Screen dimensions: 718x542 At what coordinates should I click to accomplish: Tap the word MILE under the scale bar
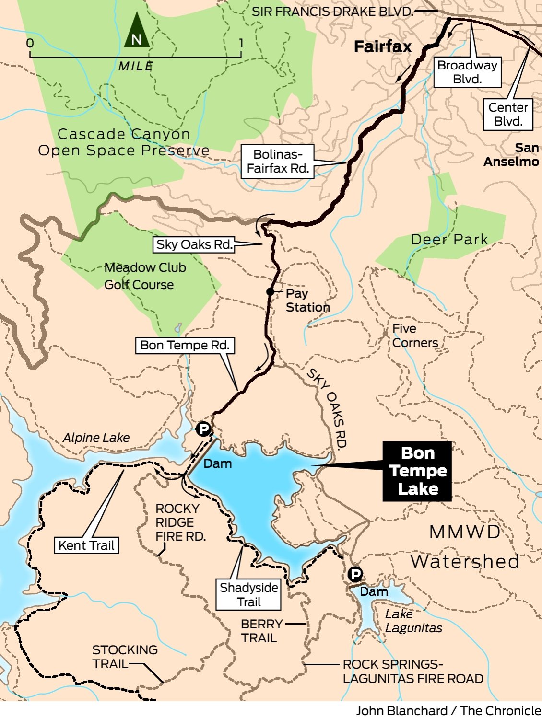coord(136,67)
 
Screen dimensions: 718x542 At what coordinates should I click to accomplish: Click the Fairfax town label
coord(383,47)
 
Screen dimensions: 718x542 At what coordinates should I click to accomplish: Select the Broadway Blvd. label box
coord(467,72)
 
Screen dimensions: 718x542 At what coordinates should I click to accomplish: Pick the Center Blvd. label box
coord(508,115)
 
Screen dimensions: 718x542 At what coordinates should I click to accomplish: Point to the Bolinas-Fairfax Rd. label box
coord(278,162)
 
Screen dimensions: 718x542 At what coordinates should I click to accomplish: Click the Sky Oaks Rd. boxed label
coord(194,244)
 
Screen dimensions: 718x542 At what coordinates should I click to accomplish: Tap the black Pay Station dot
coord(271,291)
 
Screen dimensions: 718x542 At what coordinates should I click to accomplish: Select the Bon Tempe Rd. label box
coord(185,346)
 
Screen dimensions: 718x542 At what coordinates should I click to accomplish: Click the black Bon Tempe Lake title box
coord(417,471)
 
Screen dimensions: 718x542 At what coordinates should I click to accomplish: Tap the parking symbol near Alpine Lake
coord(203,428)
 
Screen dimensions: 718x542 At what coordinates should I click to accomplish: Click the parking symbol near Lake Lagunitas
coord(355,574)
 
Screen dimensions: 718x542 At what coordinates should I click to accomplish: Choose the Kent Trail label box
coord(86,545)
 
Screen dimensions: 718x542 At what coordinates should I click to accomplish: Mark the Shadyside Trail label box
coord(248,595)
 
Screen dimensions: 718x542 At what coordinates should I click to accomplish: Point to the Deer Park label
coord(449,240)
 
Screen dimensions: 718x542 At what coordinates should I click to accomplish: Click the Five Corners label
coord(415,336)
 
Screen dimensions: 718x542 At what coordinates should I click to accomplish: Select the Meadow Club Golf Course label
coord(144,276)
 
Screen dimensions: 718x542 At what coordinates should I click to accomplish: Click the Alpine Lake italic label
coord(96,438)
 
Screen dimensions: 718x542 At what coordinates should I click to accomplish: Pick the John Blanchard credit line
coord(448,710)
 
